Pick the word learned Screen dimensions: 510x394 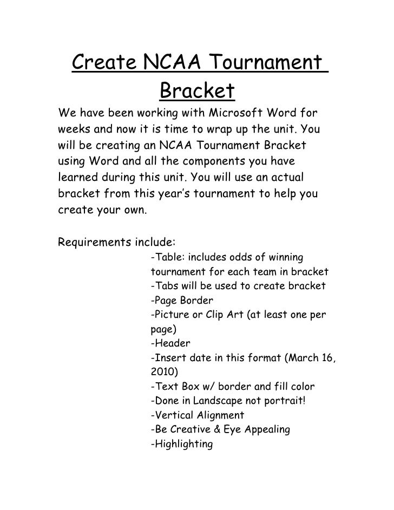77,178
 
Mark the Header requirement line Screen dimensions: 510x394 169,343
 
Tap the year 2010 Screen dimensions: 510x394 161,372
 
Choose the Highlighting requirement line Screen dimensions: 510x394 181,444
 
